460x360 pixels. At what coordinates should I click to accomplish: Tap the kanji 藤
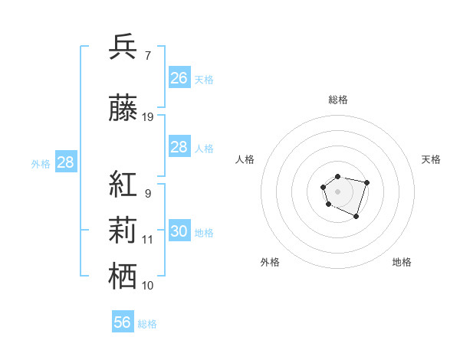click(123, 110)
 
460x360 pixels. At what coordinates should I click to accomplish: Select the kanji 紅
click(123, 184)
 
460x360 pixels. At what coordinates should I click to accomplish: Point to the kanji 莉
click(123, 230)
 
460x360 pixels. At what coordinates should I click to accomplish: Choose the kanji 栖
click(123, 276)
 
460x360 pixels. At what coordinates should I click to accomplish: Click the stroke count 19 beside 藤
click(148, 117)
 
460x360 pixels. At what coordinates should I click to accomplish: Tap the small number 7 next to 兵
click(147, 54)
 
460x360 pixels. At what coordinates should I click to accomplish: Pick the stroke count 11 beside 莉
click(148, 240)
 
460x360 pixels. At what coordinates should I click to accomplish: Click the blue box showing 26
click(179, 77)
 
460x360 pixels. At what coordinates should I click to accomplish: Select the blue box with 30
click(179, 231)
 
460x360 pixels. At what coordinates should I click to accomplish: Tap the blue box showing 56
click(123, 322)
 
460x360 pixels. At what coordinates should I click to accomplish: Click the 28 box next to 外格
click(65, 162)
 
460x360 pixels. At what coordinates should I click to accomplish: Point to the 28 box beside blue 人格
click(179, 147)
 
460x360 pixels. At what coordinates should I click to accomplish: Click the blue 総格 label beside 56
click(147, 324)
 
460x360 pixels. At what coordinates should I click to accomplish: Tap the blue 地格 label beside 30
click(204, 232)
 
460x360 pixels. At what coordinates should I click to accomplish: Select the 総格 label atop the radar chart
click(338, 100)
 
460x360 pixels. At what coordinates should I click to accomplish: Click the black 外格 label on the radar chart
click(270, 262)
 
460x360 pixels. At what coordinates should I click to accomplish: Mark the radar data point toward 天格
click(367, 182)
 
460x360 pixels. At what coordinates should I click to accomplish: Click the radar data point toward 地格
click(356, 217)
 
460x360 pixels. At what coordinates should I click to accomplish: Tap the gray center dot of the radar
click(337, 190)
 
